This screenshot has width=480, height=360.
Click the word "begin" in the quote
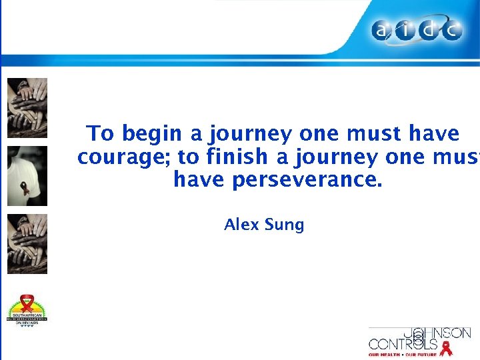point(153,134)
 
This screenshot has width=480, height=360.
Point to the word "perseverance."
point(307,179)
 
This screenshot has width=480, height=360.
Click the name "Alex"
point(242,225)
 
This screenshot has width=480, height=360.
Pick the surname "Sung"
point(285,225)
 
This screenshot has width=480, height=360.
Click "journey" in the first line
point(250,134)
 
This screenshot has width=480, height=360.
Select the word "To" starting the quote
point(101,133)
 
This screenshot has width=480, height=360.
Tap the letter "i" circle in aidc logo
point(408,31)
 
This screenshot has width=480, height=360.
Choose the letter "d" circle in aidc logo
point(429,31)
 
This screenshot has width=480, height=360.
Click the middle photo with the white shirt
point(27,175)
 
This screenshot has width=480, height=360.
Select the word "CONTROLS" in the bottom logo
point(403,345)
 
